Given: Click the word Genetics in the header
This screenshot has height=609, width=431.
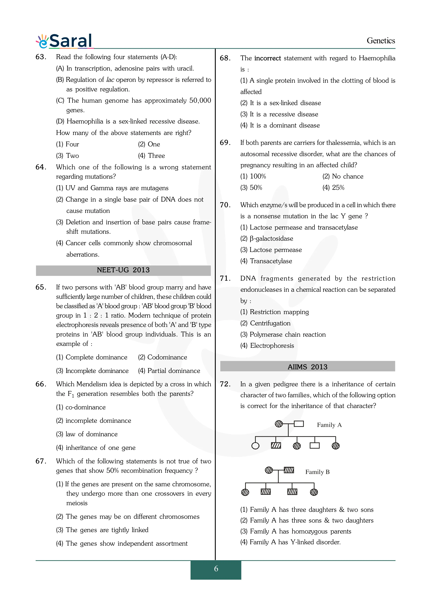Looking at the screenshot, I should point(381,41).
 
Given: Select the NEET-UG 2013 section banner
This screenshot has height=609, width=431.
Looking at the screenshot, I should point(123,270).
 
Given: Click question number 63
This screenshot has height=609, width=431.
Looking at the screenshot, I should point(41,57).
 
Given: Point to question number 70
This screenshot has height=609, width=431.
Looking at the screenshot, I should point(225,205).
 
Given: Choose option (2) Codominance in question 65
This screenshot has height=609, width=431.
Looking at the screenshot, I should point(163,357).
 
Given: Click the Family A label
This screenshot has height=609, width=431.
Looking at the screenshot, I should point(329,425).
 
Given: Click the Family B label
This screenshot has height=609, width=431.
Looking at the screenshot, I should point(317,472).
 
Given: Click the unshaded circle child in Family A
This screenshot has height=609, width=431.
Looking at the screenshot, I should point(255,446).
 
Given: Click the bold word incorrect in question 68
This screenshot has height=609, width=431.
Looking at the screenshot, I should point(267,58).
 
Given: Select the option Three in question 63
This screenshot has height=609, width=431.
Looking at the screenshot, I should point(151,156).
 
